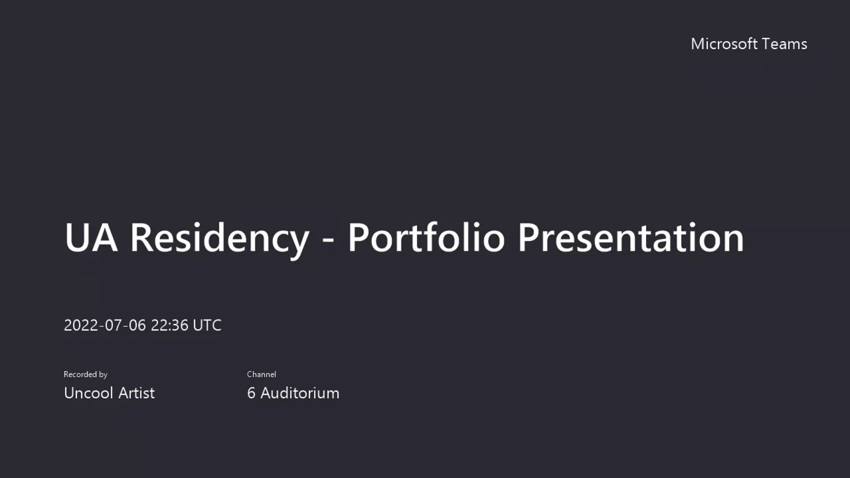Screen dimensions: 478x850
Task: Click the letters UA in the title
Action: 91,237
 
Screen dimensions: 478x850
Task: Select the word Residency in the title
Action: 220,237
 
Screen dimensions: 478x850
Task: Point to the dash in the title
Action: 328,239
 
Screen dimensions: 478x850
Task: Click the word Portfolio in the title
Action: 426,237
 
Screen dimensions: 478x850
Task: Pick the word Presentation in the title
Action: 631,237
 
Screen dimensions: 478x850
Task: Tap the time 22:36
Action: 170,325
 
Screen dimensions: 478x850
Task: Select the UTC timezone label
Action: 207,325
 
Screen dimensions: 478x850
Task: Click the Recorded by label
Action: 86,374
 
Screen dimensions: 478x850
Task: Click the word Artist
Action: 137,393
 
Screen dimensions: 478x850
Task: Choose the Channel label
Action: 262,374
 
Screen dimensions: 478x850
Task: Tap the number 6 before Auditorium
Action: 251,393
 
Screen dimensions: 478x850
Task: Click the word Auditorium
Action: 299,393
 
